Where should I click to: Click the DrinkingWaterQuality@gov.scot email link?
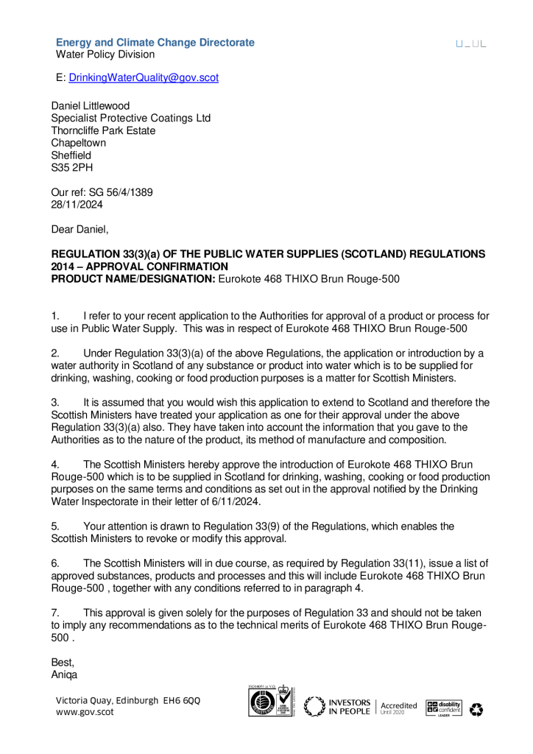[144, 77]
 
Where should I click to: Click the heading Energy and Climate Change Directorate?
[155, 43]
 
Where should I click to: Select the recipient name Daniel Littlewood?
[90, 106]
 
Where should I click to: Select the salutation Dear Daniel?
[80, 230]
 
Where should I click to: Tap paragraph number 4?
[54, 465]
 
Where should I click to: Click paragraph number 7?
[54, 613]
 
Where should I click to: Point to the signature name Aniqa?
[64, 674]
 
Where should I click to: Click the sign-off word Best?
[63, 662]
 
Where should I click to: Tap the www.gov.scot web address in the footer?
[85, 712]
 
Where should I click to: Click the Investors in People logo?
[338, 707]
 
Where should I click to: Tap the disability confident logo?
[443, 708]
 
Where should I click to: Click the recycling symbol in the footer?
[476, 709]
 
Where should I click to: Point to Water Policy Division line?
[105, 54]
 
